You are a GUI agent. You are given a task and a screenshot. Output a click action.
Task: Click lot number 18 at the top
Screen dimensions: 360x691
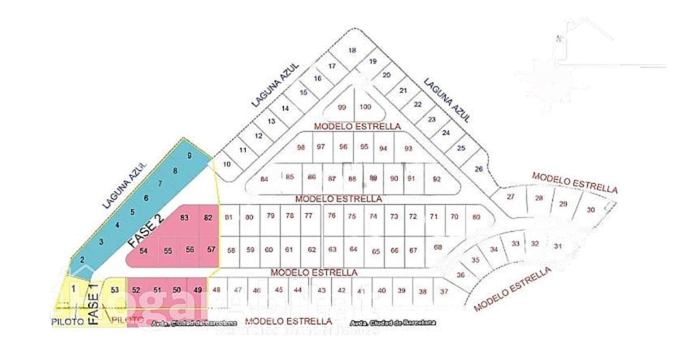coord(352,50)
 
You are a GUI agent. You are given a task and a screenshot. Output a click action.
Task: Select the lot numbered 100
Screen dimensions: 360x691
coord(365,107)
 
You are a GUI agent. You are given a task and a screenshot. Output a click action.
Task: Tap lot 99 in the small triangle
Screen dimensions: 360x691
coord(342,108)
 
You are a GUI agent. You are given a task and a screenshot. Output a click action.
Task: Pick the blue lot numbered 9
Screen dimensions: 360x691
coord(189,156)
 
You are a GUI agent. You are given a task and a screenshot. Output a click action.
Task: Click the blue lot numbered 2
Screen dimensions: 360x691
coord(82,260)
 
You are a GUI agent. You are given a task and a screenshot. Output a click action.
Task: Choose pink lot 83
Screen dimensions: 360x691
coord(184,217)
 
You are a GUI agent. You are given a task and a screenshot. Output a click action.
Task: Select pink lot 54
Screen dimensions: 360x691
coord(143,251)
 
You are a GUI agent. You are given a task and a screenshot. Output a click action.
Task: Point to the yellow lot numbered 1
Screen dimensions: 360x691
coord(73,289)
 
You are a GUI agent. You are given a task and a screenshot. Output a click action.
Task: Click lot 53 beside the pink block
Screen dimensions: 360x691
coord(114,290)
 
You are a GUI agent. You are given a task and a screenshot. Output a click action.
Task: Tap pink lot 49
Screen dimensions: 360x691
coord(198,290)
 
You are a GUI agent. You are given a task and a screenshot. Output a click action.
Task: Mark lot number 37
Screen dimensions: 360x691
coord(444,291)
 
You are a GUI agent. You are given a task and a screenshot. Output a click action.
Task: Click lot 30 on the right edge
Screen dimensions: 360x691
coord(590,210)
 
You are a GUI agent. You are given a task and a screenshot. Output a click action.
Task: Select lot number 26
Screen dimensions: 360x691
coord(479,169)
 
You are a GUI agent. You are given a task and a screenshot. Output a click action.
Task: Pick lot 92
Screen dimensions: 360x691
coord(437,179)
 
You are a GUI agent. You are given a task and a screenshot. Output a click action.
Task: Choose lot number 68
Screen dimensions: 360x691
coord(438,247)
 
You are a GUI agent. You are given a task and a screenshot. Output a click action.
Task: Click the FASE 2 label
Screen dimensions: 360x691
coord(146,232)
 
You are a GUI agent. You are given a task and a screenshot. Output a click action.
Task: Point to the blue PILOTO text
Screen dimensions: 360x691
coord(67,322)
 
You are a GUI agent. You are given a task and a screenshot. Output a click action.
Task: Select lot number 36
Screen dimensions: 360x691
coord(460,275)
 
